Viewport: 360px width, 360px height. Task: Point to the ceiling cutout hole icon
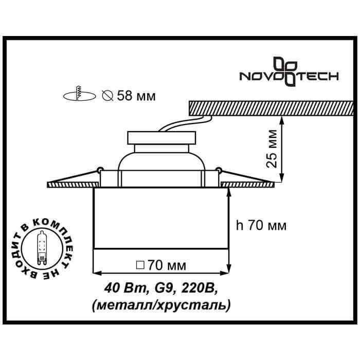[79, 95]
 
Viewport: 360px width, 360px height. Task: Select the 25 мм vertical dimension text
[273, 149]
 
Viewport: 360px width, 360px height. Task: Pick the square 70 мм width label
[160, 266]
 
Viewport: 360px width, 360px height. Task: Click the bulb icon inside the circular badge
[42, 246]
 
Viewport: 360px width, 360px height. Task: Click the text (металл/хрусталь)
[160, 305]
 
